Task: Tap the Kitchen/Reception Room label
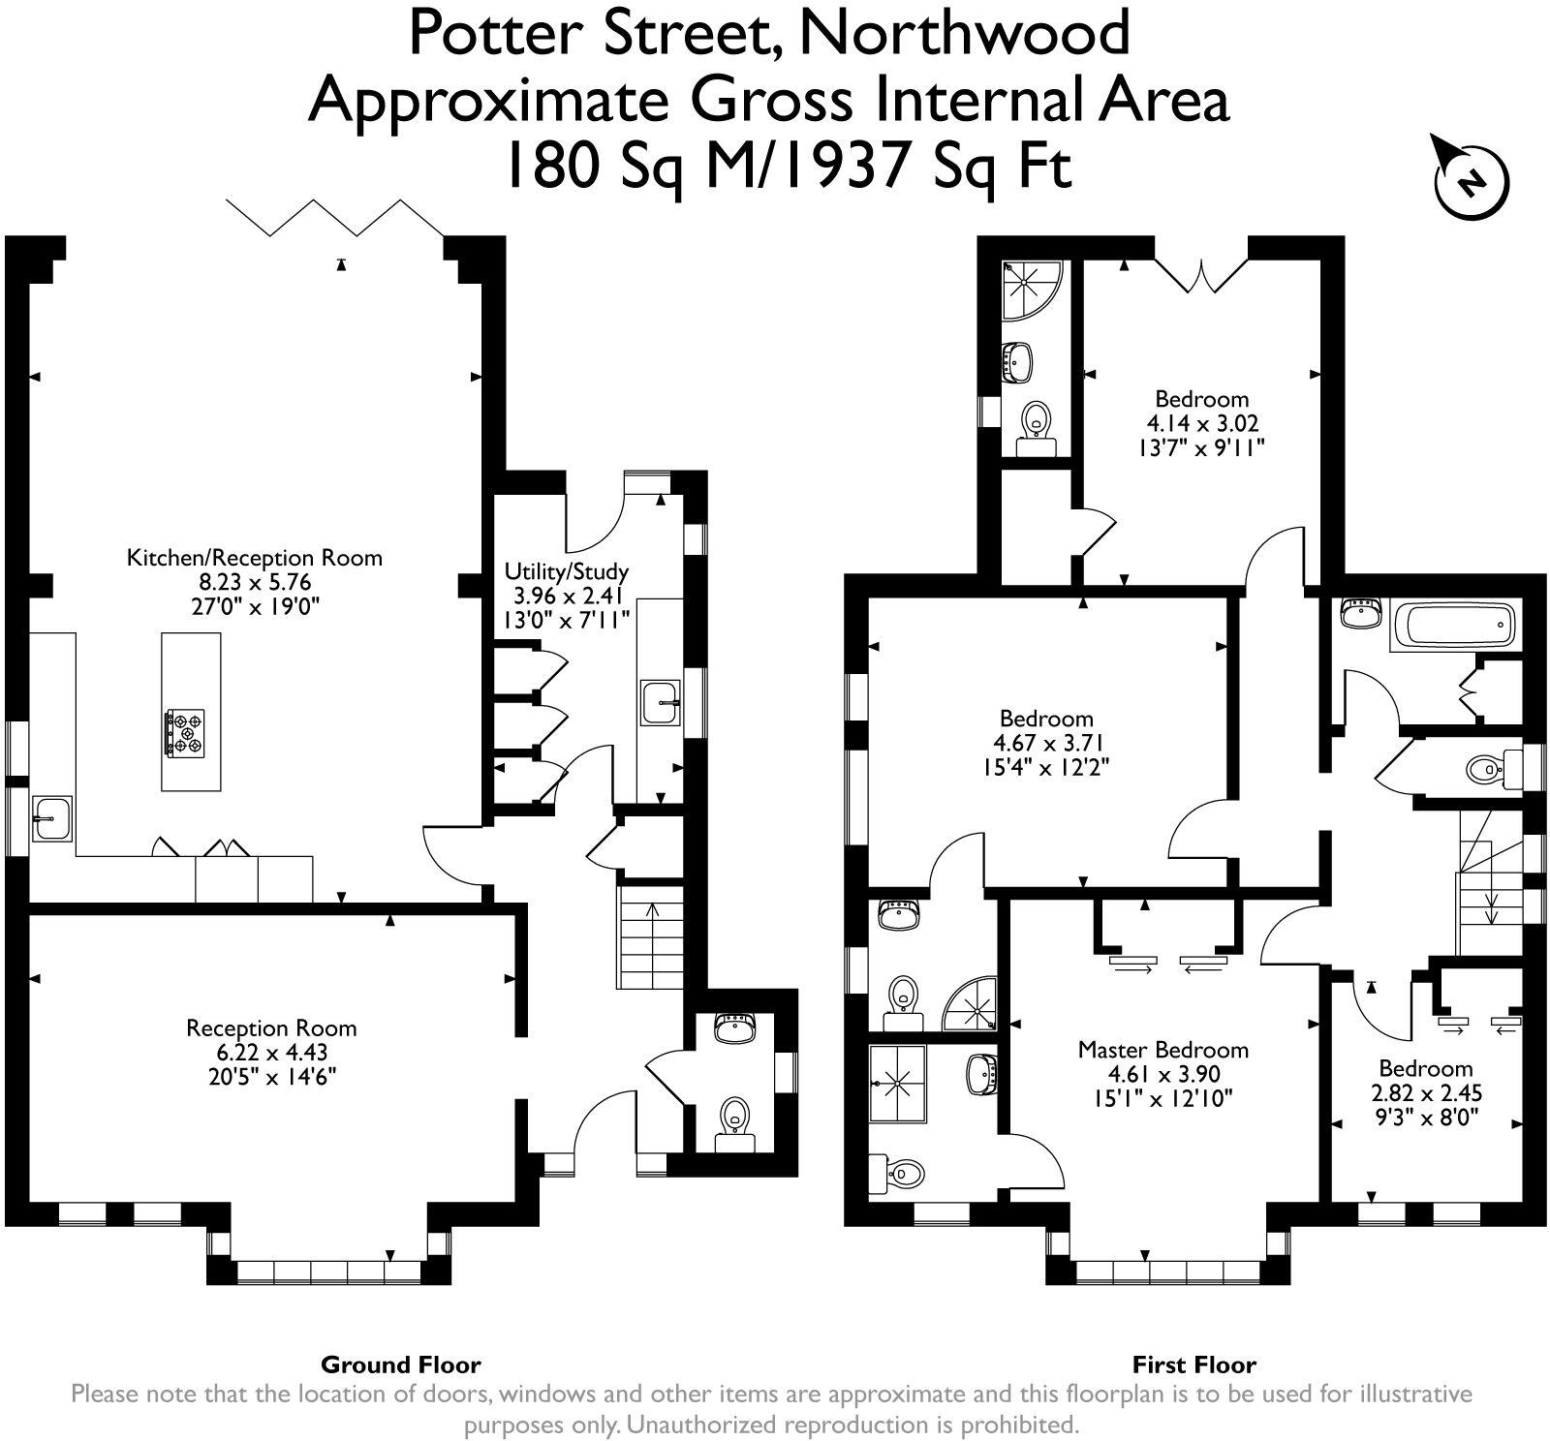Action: (x=255, y=558)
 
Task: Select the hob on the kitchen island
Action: (x=185, y=732)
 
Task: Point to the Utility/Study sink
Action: (x=661, y=702)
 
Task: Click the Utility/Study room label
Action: (x=567, y=571)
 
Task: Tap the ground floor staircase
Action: (x=650, y=936)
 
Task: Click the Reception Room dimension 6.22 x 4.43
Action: (x=271, y=1053)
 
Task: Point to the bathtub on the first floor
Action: (x=1451, y=625)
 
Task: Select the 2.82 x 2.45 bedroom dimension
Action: (x=1425, y=1093)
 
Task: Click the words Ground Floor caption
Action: (x=400, y=1365)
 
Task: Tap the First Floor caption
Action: (x=1193, y=1365)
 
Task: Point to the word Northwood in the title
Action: (x=965, y=33)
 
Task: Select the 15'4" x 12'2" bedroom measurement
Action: (x=1046, y=768)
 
